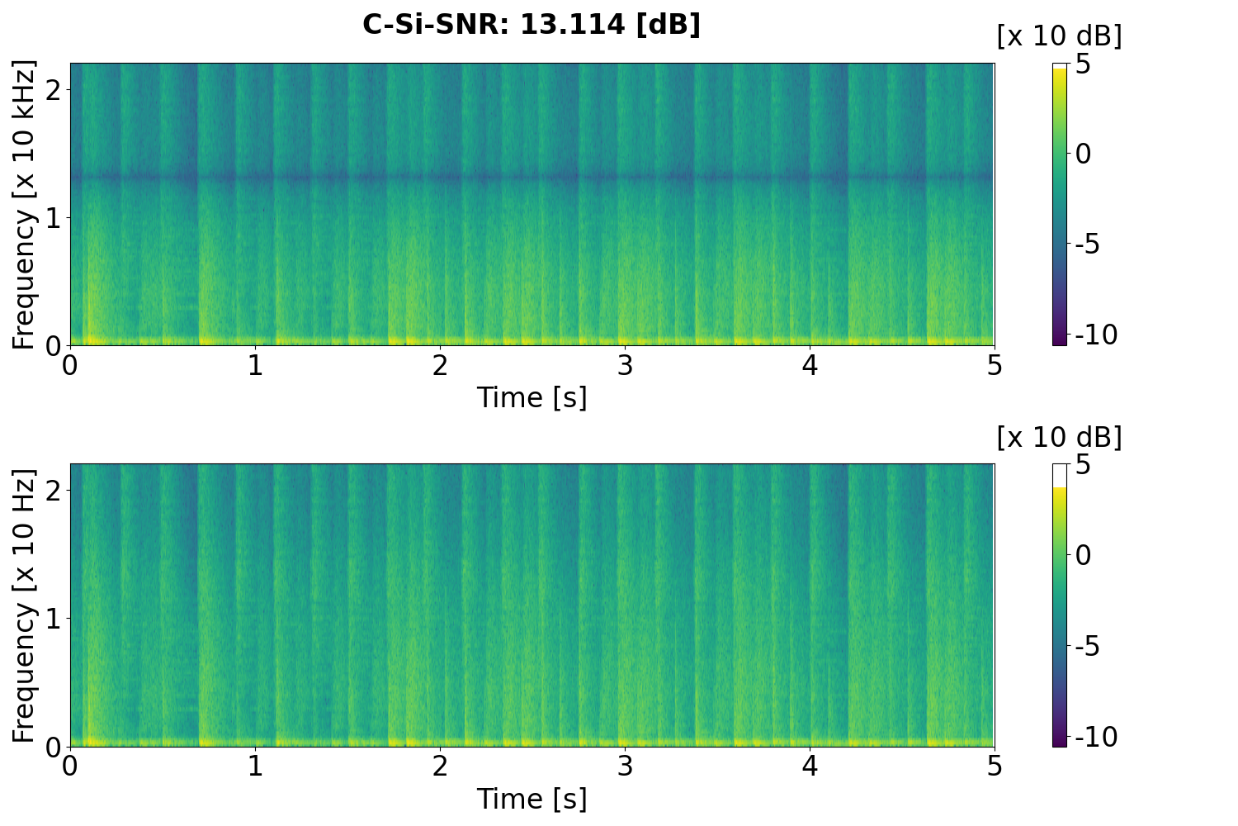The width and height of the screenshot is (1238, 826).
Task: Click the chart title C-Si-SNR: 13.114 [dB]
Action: pos(532,25)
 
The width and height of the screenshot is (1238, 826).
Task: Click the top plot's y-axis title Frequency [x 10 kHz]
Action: pos(25,204)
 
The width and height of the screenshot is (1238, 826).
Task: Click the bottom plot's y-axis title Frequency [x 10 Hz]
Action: pos(25,605)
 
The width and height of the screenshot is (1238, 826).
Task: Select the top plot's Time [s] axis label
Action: pos(532,397)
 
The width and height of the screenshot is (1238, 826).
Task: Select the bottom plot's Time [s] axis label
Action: pos(532,799)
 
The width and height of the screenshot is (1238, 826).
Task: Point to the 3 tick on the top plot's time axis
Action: pos(625,365)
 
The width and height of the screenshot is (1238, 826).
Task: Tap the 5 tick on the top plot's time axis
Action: pos(995,365)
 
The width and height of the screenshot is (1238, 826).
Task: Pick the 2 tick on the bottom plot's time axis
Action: pos(440,767)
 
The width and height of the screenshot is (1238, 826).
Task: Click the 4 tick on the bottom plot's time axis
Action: pos(810,767)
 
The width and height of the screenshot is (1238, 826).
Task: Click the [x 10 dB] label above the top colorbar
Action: pos(1059,36)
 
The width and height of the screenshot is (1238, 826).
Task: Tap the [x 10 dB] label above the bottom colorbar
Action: pos(1059,437)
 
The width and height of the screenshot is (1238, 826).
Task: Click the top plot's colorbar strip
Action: pos(1060,204)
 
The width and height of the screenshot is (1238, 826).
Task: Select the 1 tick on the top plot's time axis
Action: pos(255,365)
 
